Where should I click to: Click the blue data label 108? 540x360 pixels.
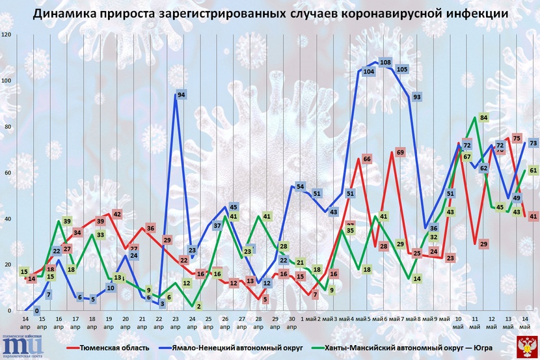click(385, 62)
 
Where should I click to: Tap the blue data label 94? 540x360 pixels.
click(182, 95)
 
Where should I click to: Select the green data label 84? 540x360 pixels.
click(483, 118)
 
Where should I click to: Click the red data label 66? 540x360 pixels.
click(367, 159)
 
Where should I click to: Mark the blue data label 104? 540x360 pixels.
click(368, 72)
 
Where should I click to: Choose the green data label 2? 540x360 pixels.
click(198, 306)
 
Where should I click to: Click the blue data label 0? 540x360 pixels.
click(37, 311)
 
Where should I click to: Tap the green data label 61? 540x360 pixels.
click(533, 170)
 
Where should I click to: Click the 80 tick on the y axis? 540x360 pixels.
click(8, 126)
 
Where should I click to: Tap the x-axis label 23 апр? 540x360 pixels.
click(176, 324)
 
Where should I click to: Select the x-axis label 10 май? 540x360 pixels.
click(459, 324)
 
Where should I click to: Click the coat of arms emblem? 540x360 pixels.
click(525, 345)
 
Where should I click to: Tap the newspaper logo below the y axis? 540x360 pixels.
click(23, 345)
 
